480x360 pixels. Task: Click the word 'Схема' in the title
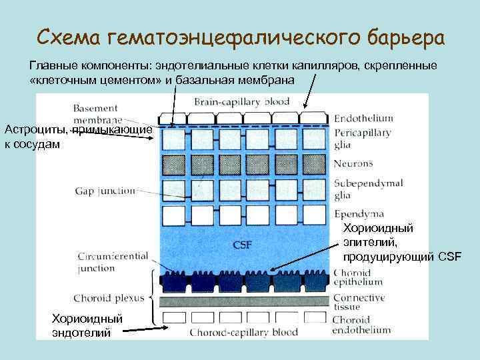click(x=67, y=37)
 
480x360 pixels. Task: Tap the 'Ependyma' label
click(x=358, y=214)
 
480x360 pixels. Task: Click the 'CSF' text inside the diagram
click(x=242, y=245)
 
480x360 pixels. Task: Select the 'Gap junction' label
click(x=105, y=191)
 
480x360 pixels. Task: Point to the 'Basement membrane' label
click(x=95, y=113)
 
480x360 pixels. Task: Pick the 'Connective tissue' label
click(x=360, y=302)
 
